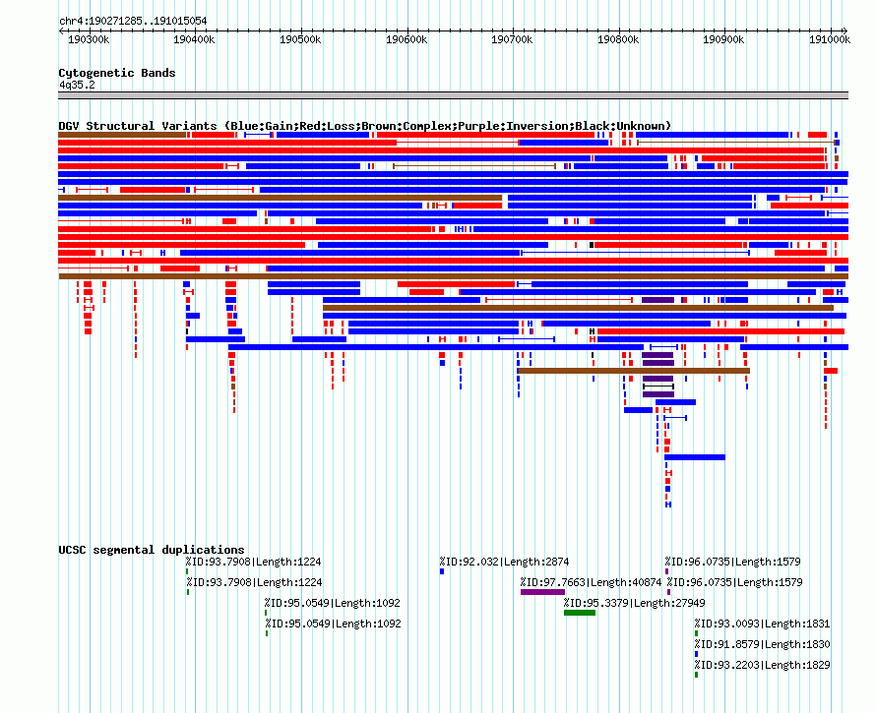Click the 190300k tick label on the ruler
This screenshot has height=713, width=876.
click(88, 39)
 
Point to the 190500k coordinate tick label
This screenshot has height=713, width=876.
click(300, 39)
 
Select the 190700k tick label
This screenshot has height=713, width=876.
click(512, 39)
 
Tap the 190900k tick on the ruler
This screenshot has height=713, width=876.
click(723, 39)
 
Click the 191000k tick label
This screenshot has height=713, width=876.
click(829, 39)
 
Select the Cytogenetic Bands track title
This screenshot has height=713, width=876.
click(116, 73)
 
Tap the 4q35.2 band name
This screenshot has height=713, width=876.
click(77, 85)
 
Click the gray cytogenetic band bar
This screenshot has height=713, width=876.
click(453, 95)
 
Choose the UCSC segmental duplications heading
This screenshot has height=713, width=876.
click(151, 550)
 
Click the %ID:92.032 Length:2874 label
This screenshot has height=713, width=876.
click(504, 563)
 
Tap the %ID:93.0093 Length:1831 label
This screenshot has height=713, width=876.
click(762, 624)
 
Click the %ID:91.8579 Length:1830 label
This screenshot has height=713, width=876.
click(762, 644)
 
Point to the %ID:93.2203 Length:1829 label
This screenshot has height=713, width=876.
click(762, 665)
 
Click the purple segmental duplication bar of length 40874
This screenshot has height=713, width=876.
click(542, 592)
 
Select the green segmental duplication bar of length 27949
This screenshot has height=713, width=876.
click(580, 613)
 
